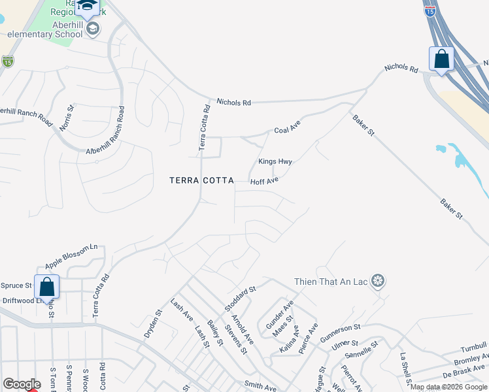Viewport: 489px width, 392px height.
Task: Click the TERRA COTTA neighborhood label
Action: point(201,180)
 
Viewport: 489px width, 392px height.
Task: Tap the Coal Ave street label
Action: point(287,130)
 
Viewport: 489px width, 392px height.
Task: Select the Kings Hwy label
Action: point(275,161)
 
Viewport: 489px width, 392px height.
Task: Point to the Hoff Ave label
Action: point(265,180)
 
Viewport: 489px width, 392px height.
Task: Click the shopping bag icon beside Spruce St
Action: point(47,286)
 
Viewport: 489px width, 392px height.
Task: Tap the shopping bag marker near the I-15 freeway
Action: point(442,59)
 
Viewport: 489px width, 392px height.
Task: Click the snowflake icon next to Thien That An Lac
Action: point(377,281)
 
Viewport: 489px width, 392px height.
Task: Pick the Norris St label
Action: point(67,118)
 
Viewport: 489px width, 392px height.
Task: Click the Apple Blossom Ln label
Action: point(71,257)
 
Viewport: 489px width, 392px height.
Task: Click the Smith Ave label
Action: point(260,387)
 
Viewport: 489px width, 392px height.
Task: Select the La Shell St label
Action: point(407,370)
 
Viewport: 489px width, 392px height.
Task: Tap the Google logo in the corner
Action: point(21,384)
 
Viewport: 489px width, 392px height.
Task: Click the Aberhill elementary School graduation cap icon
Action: point(93,28)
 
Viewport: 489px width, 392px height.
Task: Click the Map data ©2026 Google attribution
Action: point(448,387)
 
